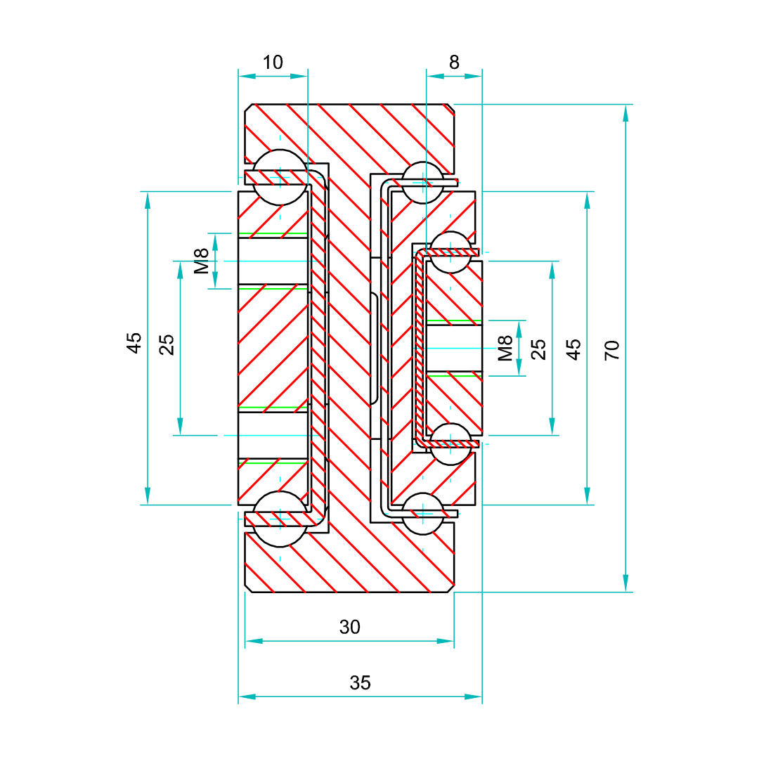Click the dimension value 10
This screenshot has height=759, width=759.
(273, 63)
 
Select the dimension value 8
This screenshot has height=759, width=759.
(454, 63)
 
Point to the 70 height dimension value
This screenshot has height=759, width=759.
(612, 349)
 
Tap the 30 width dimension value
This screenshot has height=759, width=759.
(349, 627)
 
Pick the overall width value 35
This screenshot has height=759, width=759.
(360, 682)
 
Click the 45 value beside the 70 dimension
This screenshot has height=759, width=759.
(574, 349)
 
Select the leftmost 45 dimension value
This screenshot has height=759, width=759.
(134, 342)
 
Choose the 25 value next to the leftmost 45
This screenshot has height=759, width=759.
(167, 344)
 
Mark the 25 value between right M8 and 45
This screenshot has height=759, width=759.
(538, 349)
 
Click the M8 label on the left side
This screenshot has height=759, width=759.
(202, 261)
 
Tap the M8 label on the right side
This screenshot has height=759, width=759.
(505, 349)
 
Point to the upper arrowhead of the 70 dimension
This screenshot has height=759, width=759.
(625, 112)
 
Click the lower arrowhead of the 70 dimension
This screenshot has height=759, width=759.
(625, 583)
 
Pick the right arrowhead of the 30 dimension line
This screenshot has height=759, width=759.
(446, 641)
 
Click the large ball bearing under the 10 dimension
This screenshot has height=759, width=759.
(280, 176)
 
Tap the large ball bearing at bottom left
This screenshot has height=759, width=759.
(280, 519)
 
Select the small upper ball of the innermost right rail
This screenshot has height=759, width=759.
(450, 252)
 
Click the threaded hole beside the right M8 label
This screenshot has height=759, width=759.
(454, 349)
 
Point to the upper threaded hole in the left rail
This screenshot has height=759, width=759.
(273, 261)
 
